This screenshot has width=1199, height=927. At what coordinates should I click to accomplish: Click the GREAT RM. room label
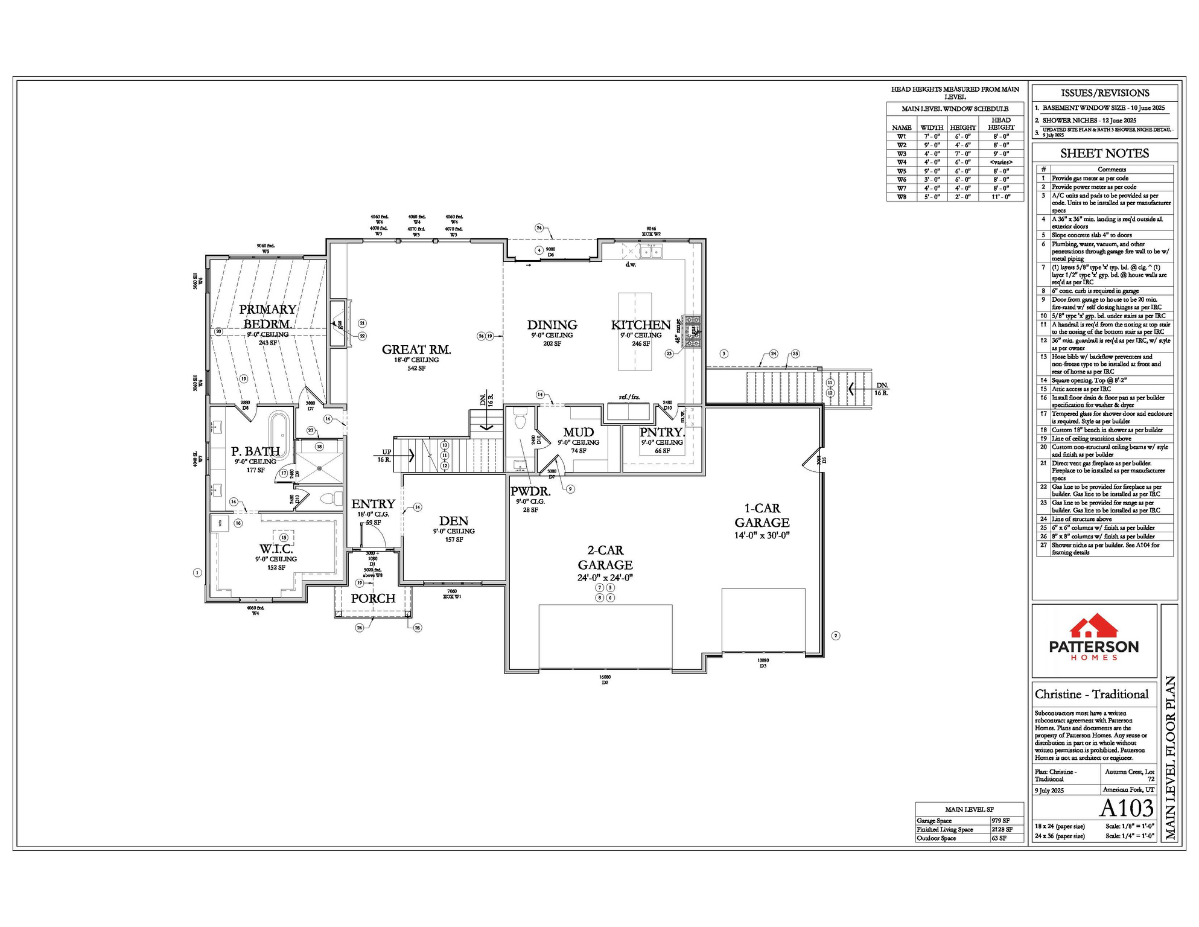click(x=416, y=349)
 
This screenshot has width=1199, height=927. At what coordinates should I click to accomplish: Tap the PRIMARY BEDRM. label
click(x=267, y=317)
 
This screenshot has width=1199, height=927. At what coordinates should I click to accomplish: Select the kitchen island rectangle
click(x=634, y=331)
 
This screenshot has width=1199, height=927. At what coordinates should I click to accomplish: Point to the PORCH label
click(x=373, y=598)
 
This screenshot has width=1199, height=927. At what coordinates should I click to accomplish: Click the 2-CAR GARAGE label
click(x=605, y=558)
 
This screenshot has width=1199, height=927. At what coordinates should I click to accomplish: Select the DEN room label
click(x=453, y=521)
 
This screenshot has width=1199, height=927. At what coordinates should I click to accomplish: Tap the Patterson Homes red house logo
click(x=1093, y=626)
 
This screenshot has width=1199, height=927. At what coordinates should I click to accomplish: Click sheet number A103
click(x=1126, y=808)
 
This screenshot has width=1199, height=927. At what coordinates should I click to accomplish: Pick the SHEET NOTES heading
click(x=1104, y=153)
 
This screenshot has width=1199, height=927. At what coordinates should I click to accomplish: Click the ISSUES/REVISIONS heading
click(x=1104, y=93)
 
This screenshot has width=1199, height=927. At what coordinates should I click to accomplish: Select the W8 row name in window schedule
click(x=901, y=197)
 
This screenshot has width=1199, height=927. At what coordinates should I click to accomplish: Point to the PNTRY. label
click(x=661, y=432)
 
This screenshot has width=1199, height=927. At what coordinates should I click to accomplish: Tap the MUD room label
click(x=578, y=432)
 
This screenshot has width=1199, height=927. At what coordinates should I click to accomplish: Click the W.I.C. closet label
click(x=276, y=549)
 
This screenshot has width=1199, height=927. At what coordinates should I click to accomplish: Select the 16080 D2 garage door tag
click(x=605, y=680)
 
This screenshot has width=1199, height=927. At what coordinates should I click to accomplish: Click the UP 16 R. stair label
click(x=385, y=456)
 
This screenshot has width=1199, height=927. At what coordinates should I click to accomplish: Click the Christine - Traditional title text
click(x=1091, y=694)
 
